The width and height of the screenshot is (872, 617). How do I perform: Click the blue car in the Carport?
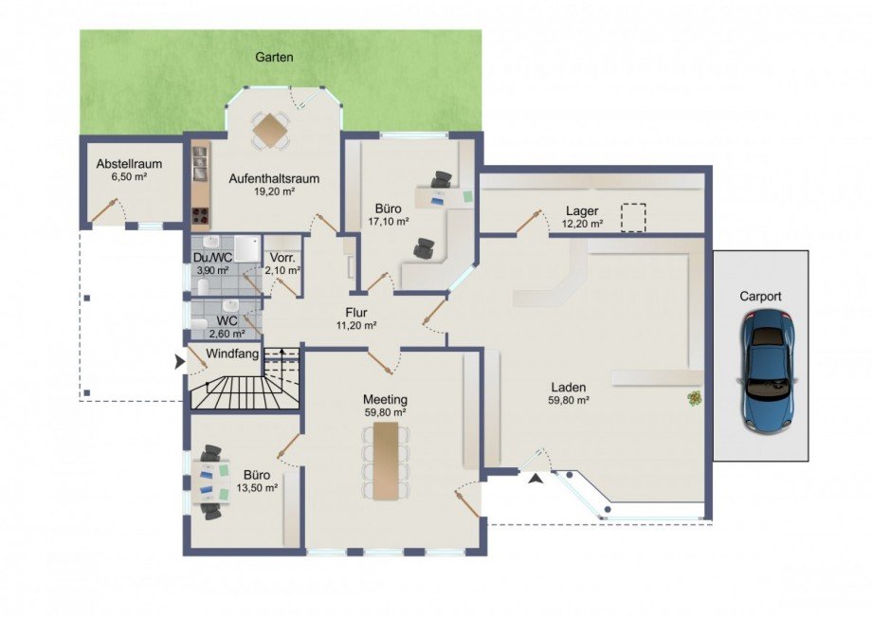coord(768,372)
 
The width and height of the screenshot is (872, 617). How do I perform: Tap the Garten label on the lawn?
coord(274,57)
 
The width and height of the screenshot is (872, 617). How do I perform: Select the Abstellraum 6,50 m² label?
coord(129,170)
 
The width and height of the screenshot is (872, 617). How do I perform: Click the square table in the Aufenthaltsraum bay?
coord(270,129)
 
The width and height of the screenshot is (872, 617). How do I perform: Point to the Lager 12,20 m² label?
coord(582,217)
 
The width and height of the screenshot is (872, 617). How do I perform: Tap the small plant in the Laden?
coord(694,398)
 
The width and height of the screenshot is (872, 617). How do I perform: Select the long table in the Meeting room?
coord(386,461)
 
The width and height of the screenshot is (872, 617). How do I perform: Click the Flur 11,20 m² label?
coord(356,318)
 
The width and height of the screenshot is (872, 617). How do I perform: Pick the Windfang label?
coord(232,354)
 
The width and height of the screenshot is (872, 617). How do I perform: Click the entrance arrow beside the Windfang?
coord(180,362)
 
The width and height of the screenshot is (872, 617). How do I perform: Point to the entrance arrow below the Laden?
coord(535,480)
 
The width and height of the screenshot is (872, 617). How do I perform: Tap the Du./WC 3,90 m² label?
coord(212,264)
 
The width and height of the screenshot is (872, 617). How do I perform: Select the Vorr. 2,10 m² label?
coord(283,264)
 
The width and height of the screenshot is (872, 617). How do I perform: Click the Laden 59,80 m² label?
coord(570,393)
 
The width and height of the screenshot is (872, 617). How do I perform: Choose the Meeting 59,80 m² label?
coord(385,406)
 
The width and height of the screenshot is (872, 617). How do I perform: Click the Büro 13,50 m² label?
coord(257,481)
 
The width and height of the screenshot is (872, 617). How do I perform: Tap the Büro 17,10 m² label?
coord(389,215)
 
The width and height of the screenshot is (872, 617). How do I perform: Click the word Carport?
coord(760,297)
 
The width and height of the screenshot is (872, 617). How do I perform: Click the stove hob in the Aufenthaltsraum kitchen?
coord(200,216)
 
